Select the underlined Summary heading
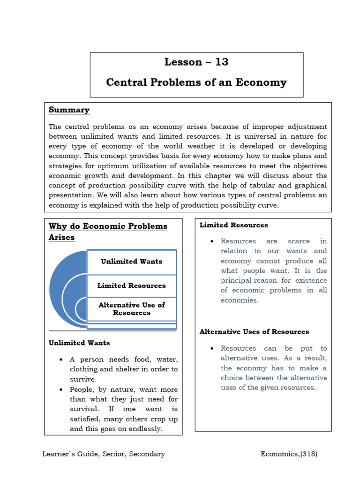tap(69, 110)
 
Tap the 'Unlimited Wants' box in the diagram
tap(131, 262)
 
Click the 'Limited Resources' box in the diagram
tap(131, 285)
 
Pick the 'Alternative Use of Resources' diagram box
tap(131, 309)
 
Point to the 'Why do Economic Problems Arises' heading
tap(108, 232)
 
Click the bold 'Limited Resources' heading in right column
tap(233, 225)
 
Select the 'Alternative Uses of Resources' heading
tap(254, 331)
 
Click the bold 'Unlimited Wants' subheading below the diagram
tap(79, 343)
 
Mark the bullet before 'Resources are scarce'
tap(212, 241)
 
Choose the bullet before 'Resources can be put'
tap(212, 348)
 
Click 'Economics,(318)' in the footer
tap(289, 454)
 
